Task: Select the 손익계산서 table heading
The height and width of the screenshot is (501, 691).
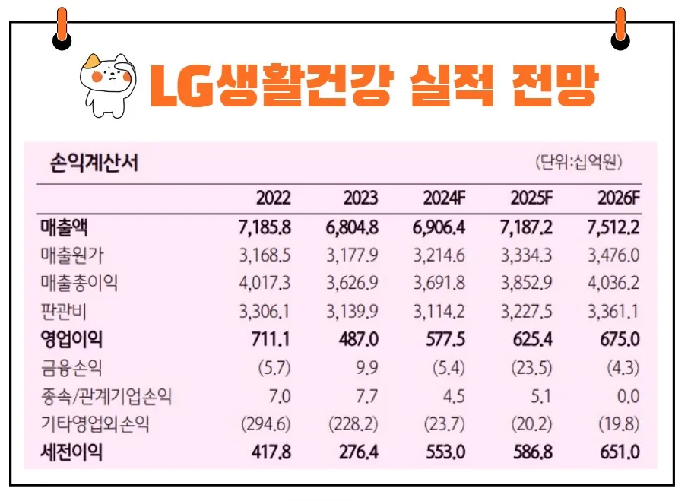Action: (94, 163)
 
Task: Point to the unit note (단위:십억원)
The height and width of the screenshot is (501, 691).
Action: (578, 163)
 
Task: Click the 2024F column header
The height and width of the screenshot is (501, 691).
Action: (443, 199)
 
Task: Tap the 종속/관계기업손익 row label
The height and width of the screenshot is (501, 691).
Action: (112, 396)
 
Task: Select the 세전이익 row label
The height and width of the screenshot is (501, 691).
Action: (71, 452)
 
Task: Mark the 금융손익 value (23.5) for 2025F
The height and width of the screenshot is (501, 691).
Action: (531, 368)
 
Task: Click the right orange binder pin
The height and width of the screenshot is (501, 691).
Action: (620, 28)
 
